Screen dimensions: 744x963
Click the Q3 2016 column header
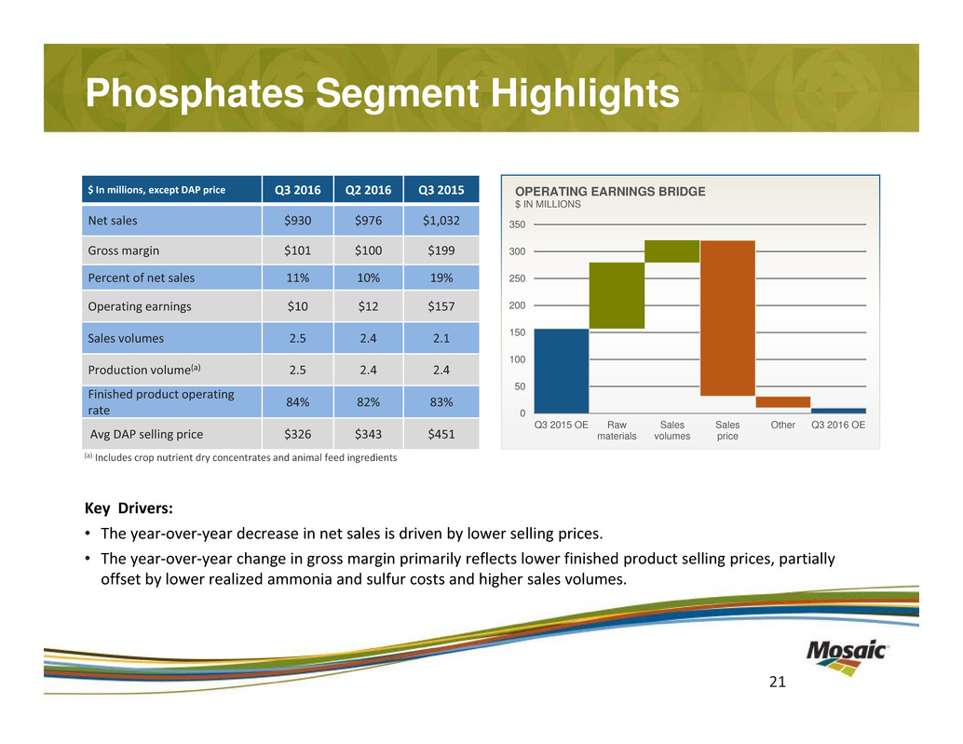pyautogui.click(x=297, y=190)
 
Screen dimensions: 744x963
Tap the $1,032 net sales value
pyautogui.click(x=441, y=221)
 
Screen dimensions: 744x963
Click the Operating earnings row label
pyautogui.click(x=140, y=306)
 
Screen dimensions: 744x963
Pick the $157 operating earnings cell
pyautogui.click(x=441, y=306)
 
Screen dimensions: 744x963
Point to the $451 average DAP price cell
pyautogui.click(x=441, y=434)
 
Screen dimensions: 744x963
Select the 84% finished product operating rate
pyautogui.click(x=297, y=402)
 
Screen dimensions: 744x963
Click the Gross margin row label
pyautogui.click(x=123, y=250)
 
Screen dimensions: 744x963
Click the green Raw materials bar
pyautogui.click(x=617, y=295)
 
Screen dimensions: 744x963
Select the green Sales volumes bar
pyautogui.click(x=671, y=251)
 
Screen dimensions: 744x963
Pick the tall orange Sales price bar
pyautogui.click(x=727, y=318)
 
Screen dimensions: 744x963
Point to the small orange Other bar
pyautogui.click(x=782, y=402)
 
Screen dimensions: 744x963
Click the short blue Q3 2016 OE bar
pyautogui.click(x=838, y=411)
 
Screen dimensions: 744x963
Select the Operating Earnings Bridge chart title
pyautogui.click(x=610, y=191)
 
